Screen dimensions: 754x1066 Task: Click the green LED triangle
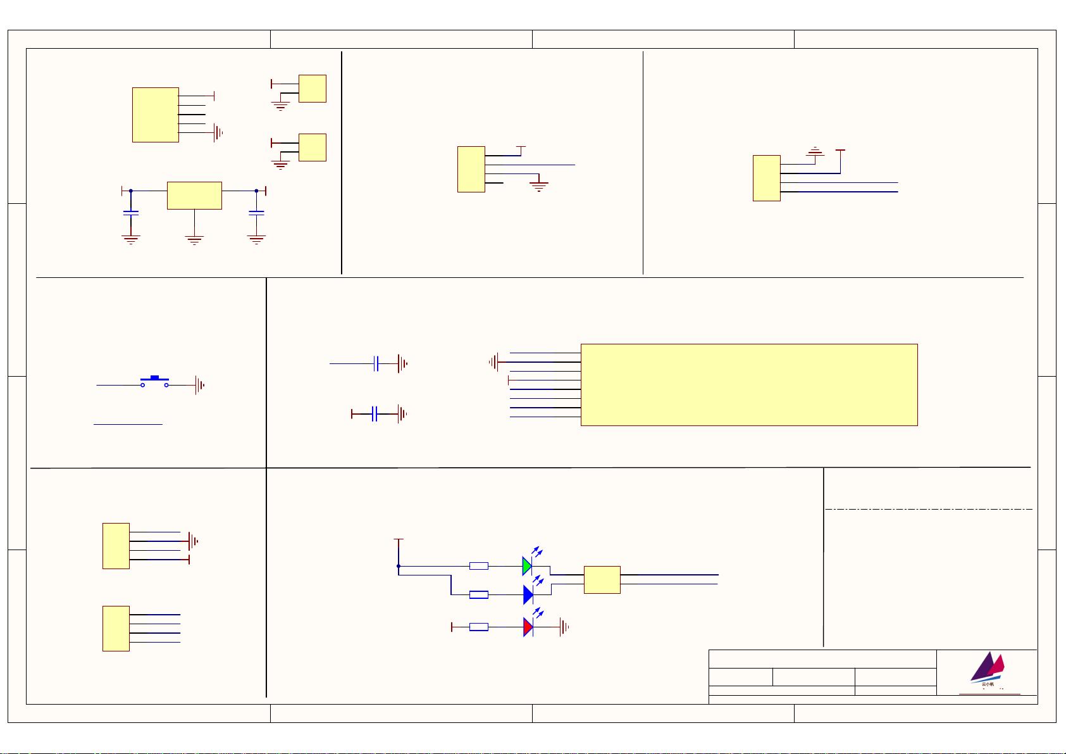tap(527, 566)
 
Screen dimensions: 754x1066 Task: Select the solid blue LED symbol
tap(528, 595)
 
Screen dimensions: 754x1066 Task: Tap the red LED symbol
tap(528, 627)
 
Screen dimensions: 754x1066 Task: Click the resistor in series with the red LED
tap(479, 627)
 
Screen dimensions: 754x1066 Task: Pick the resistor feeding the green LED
tap(479, 566)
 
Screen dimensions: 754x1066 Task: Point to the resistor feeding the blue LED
tap(479, 595)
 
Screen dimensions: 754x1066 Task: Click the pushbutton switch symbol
tap(154, 381)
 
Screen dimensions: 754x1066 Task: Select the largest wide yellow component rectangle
tap(749, 385)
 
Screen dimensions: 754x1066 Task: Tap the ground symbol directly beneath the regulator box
tap(194, 240)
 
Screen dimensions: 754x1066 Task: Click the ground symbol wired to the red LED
tap(564, 627)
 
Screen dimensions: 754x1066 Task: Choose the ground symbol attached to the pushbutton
tap(200, 385)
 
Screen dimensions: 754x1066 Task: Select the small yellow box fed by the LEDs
tap(602, 579)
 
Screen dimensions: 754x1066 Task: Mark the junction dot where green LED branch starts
tap(399, 566)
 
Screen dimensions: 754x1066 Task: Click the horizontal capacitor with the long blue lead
tap(376, 363)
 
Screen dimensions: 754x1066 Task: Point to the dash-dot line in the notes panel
tap(928, 509)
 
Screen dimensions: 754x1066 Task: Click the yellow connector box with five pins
tap(155, 115)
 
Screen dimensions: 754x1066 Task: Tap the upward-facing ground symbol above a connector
tap(816, 151)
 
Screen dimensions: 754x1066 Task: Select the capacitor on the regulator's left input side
tap(130, 213)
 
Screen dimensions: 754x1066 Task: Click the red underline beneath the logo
tap(989, 694)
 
